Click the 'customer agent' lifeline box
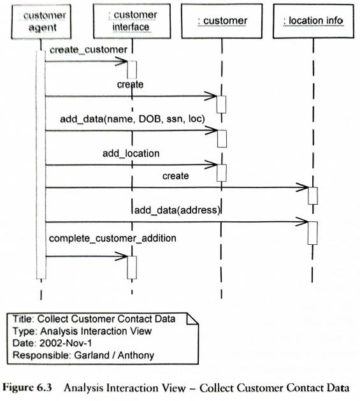click(x=41, y=22)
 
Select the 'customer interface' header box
click(x=132, y=21)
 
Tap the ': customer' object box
click(x=222, y=21)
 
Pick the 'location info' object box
click(x=313, y=21)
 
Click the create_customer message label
click(x=89, y=50)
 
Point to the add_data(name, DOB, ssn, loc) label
click(x=133, y=119)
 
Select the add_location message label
click(x=131, y=154)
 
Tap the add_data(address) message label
click(x=177, y=210)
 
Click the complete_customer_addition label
click(x=113, y=238)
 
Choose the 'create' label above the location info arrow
click(x=176, y=176)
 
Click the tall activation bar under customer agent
click(x=41, y=164)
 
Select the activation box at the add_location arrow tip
click(x=222, y=173)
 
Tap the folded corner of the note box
click(x=192, y=319)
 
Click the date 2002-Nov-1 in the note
click(x=66, y=343)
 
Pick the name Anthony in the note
click(x=136, y=355)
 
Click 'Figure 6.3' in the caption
click(x=27, y=388)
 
